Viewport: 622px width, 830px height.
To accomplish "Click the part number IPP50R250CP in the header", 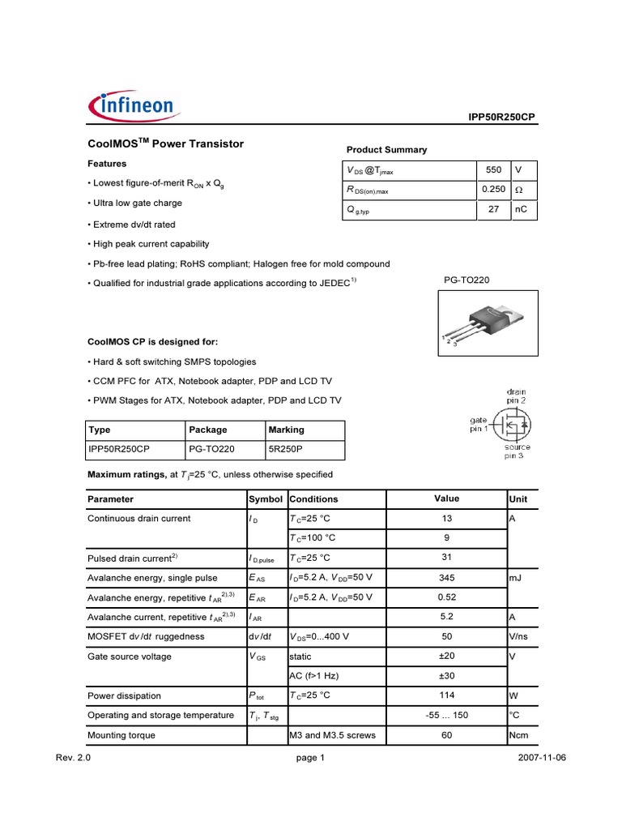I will (x=501, y=118).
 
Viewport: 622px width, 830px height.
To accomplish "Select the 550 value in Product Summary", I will (x=493, y=170).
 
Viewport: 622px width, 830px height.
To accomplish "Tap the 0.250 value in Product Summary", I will (x=493, y=190).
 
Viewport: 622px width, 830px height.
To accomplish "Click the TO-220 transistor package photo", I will (x=482, y=323).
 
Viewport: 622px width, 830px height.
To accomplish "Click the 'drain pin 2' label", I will (x=517, y=396).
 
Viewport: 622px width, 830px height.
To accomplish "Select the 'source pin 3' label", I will (x=518, y=451).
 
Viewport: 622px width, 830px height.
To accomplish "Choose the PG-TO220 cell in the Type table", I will (x=211, y=448).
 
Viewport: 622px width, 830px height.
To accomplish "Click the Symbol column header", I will (x=266, y=499).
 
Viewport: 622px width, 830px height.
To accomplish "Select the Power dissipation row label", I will (x=124, y=695).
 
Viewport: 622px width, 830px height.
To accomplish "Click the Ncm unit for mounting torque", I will (x=518, y=735).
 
